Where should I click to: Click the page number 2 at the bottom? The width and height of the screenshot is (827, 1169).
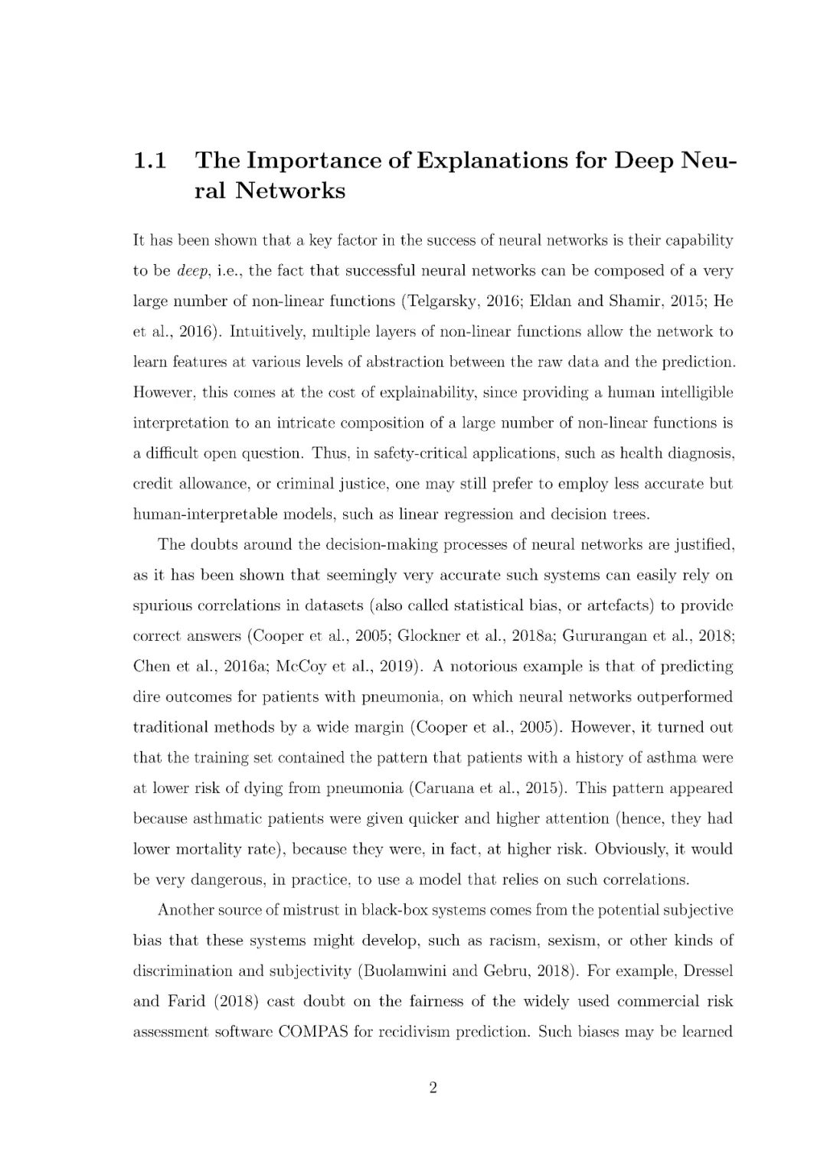(433, 1089)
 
